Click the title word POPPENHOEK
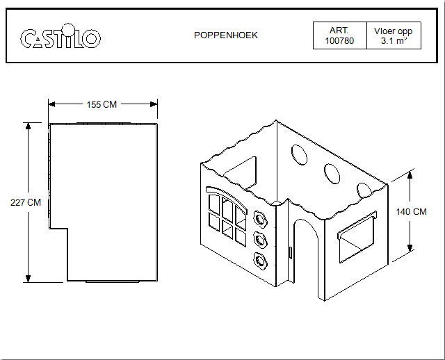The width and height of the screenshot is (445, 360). tap(225, 35)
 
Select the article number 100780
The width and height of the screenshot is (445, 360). tap(339, 42)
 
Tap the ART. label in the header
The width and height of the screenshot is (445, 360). tap(339, 31)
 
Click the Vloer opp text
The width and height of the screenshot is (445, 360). tap(394, 31)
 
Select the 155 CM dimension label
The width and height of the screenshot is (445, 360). tap(102, 104)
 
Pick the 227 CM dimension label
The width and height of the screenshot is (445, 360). tap(26, 202)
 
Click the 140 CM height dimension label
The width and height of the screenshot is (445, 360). tap(410, 211)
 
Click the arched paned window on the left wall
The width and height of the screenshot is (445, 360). tap(227, 215)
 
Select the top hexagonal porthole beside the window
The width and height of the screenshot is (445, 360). tap(261, 218)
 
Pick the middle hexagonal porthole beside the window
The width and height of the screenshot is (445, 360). tap(261, 240)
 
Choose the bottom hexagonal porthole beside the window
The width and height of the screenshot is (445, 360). tap(261, 262)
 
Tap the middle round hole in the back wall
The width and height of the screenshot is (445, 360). tap(331, 171)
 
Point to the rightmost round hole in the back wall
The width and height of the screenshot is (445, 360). tap(363, 188)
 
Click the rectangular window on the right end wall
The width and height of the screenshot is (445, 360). tap(356, 235)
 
